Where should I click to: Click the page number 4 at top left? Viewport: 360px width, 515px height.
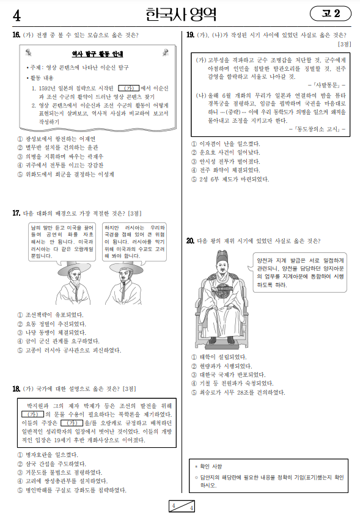point(17,14)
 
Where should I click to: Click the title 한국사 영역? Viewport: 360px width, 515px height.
point(182,13)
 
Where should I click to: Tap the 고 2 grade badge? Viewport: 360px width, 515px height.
point(331,13)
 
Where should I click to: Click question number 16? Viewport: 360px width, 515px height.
point(16,35)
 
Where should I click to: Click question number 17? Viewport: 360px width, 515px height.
point(16,213)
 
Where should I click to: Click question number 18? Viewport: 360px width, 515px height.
point(16,389)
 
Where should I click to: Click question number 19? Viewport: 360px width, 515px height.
point(191,35)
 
